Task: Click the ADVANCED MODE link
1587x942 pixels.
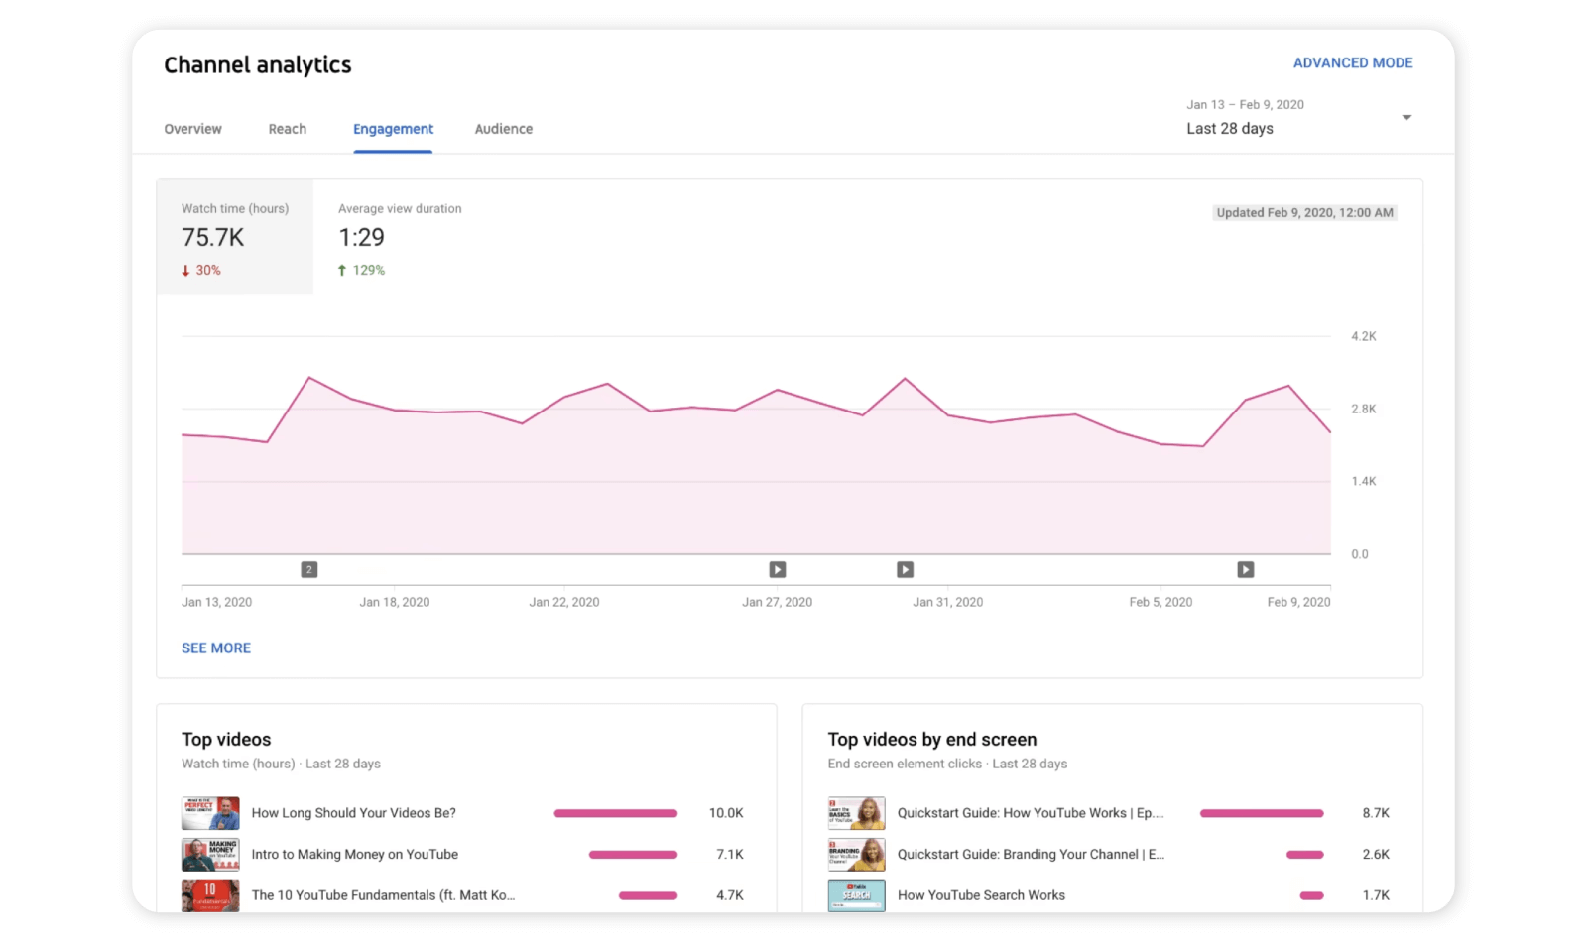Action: tap(1352, 62)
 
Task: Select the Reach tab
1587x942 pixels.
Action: tap(287, 129)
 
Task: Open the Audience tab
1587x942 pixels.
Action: tap(503, 129)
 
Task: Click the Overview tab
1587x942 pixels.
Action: tap(192, 129)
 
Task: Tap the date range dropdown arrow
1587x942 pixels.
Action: tap(1406, 118)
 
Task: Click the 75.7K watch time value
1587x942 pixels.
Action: tap(212, 238)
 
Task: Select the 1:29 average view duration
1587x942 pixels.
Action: tap(361, 238)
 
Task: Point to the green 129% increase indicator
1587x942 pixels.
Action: tap(362, 270)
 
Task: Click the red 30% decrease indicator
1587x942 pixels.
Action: tap(201, 270)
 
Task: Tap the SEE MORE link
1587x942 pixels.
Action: tap(216, 648)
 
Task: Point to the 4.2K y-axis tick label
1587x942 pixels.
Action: tap(1363, 336)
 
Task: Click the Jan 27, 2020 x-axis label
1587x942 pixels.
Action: tap(777, 602)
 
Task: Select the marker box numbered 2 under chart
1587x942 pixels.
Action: tap(309, 569)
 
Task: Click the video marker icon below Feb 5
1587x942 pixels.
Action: tap(1245, 569)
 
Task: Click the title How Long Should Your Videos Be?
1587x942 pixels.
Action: tap(353, 813)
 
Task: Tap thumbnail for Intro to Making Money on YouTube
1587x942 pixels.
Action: tap(210, 854)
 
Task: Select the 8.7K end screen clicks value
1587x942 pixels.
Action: tap(1375, 813)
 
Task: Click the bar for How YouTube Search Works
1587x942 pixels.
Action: tap(1311, 895)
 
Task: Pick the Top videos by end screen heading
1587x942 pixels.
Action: tap(931, 740)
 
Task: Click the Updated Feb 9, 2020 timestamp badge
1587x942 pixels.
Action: tap(1304, 212)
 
